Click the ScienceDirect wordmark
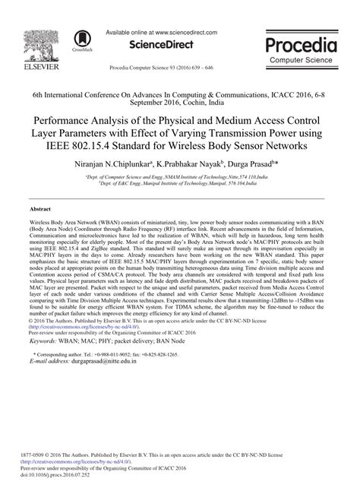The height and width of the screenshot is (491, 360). click(158, 24)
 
